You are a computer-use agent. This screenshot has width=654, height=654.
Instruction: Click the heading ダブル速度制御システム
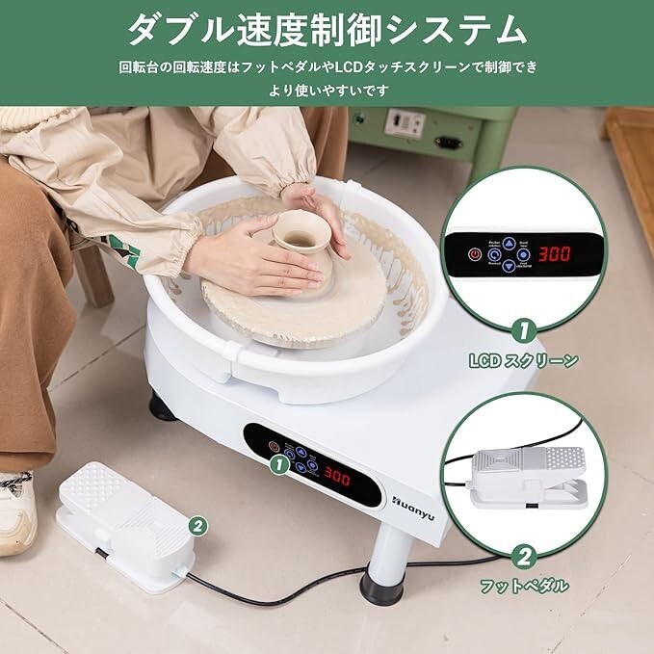tap(327, 29)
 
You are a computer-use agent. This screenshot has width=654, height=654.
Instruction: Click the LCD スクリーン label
tap(523, 361)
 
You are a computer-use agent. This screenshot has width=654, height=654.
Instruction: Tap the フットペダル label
tap(524, 585)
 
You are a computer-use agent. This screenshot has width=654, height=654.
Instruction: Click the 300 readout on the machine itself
tap(337, 475)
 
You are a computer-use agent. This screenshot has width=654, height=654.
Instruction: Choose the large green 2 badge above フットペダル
tap(524, 555)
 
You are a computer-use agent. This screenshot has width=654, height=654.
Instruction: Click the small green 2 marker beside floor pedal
tap(197, 525)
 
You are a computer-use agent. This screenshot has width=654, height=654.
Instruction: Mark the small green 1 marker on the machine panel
tap(279, 464)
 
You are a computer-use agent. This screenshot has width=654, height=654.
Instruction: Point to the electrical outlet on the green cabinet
tap(405, 123)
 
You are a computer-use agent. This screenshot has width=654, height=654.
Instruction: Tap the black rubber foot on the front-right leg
tap(381, 586)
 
